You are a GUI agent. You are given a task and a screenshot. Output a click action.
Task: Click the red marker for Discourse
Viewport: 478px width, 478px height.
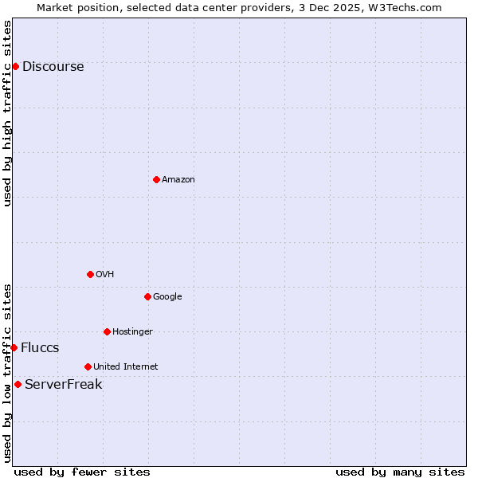[x=15, y=66]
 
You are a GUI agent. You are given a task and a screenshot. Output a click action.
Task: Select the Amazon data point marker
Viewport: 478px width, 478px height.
[x=156, y=179]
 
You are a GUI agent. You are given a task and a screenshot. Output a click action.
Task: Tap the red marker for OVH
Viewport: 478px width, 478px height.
[x=90, y=274]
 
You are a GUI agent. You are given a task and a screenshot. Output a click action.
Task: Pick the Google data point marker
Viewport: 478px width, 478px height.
[x=147, y=296]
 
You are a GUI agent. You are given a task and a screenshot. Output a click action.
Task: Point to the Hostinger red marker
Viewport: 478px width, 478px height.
[x=107, y=331]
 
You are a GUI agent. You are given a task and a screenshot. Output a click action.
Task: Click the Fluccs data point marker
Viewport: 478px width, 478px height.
[x=14, y=347]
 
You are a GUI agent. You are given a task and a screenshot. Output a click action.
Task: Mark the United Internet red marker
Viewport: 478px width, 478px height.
[x=88, y=366]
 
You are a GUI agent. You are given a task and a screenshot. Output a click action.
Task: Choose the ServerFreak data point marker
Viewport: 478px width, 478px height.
[x=18, y=384]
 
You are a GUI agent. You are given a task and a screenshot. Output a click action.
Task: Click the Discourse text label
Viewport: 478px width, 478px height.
[x=53, y=66]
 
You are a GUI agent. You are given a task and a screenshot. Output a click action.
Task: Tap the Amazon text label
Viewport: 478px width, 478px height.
[x=178, y=179]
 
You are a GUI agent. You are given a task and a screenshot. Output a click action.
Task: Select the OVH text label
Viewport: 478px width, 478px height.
[x=105, y=274]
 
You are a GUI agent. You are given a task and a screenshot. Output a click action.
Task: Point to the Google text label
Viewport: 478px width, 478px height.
[x=167, y=296]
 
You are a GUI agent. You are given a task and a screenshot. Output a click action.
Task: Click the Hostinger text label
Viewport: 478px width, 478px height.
[x=132, y=331]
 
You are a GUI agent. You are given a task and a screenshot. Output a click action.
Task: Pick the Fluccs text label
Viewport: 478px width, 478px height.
[x=40, y=347]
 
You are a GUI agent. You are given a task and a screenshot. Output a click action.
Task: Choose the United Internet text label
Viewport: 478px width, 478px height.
[x=125, y=366]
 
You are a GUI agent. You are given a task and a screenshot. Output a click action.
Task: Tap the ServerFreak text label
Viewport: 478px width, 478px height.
[x=63, y=384]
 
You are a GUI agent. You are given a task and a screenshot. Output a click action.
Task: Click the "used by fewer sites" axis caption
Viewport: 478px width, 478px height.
[x=82, y=472]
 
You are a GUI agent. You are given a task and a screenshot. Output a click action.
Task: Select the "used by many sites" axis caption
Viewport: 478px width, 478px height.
[x=400, y=472]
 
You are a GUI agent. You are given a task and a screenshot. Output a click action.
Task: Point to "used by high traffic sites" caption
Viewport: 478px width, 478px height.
[x=7, y=112]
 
